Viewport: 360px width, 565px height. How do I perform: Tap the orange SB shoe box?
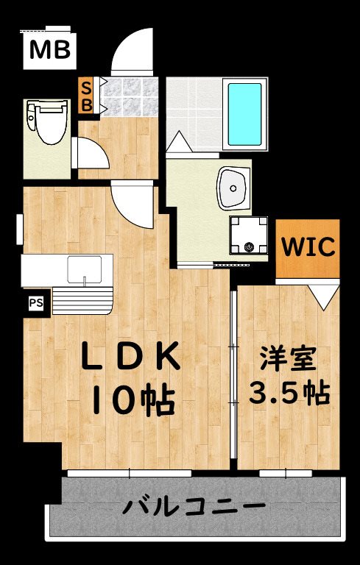(x=87, y=96)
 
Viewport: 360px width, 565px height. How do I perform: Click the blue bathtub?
(x=245, y=114)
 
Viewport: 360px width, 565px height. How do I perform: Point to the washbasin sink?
(x=233, y=187)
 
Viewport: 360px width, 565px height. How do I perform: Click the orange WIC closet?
(x=308, y=247)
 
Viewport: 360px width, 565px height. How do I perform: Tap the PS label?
(x=35, y=302)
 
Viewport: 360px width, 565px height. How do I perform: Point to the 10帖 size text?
(x=133, y=401)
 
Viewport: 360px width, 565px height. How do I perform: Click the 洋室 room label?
(x=287, y=360)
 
